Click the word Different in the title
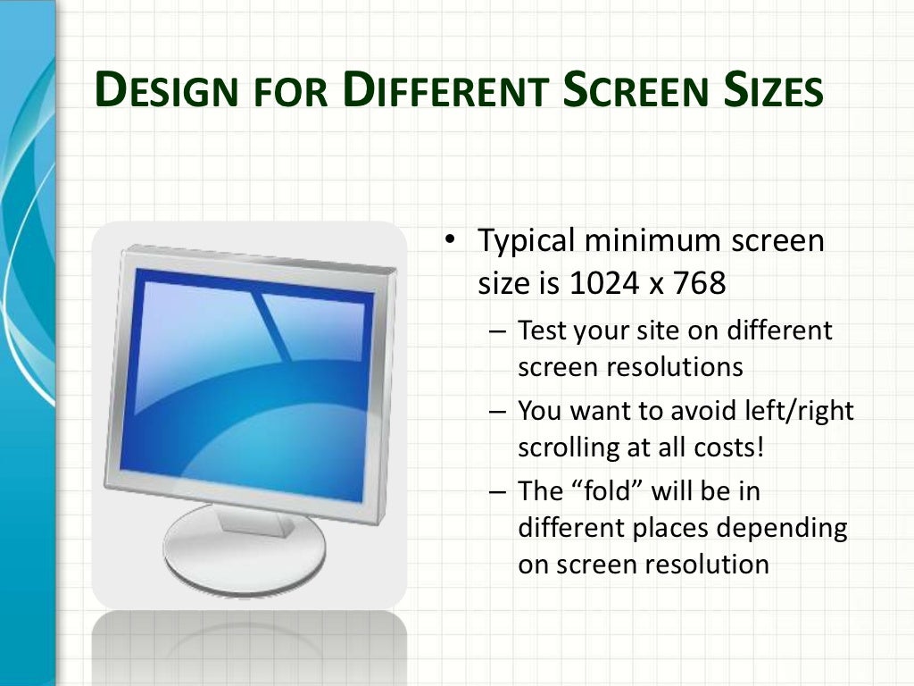[441, 92]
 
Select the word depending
[793, 528]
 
